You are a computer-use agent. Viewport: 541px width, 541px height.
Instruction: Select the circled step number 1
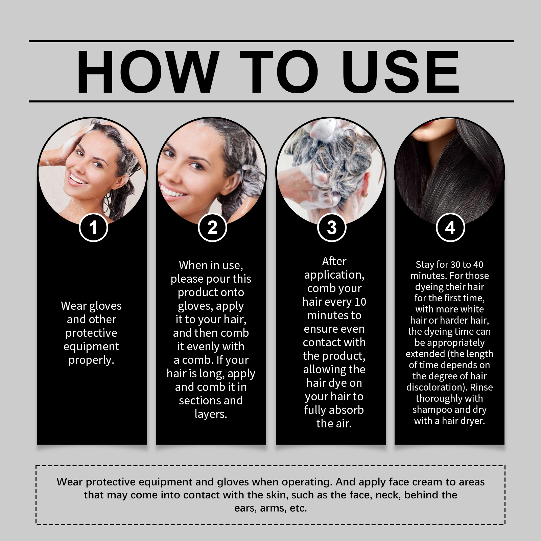tap(93, 228)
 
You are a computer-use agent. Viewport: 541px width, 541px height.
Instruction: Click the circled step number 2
tap(212, 228)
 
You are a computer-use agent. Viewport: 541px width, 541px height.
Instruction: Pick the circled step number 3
tap(332, 228)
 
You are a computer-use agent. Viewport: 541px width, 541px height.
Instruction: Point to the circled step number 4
tap(450, 228)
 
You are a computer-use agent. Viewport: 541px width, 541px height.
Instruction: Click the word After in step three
tap(334, 261)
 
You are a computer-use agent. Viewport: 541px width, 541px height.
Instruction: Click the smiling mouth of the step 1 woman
tap(77, 178)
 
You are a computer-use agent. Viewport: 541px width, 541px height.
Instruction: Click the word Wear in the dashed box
tap(70, 482)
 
